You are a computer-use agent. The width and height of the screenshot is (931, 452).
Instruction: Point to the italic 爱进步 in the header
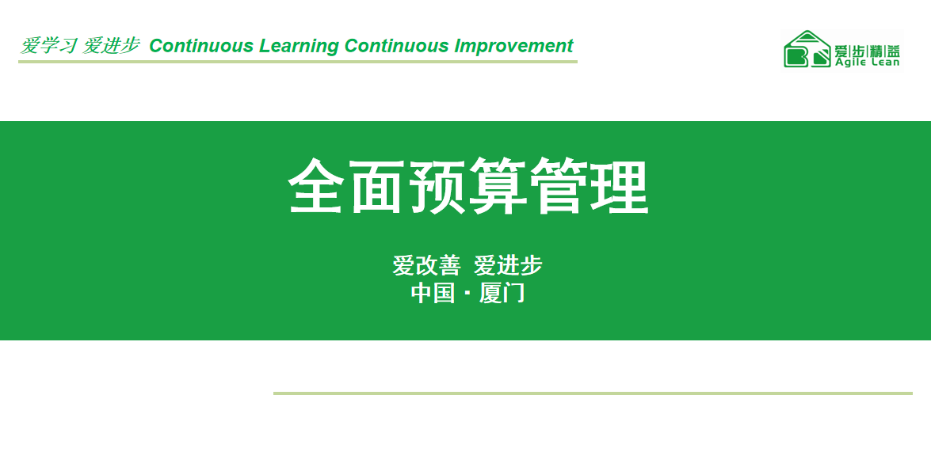tap(111, 46)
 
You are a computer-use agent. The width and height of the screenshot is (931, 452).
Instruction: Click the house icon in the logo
tap(807, 48)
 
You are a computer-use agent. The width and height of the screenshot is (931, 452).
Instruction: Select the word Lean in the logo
tap(886, 62)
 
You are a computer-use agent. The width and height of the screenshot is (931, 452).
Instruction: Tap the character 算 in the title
tap(498, 185)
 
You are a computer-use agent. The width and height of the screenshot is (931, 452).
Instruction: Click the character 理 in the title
tap(620, 185)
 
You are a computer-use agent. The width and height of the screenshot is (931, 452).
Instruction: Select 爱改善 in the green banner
tap(426, 266)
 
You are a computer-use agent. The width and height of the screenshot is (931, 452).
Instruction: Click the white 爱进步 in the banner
tap(508, 266)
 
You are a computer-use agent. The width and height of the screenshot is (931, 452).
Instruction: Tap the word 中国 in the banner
tap(433, 293)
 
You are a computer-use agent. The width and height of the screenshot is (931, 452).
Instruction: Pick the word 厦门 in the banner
tap(502, 293)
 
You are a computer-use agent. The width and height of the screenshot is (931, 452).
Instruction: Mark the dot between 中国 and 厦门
tap(467, 294)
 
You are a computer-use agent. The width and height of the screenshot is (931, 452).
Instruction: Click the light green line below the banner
tap(593, 393)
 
